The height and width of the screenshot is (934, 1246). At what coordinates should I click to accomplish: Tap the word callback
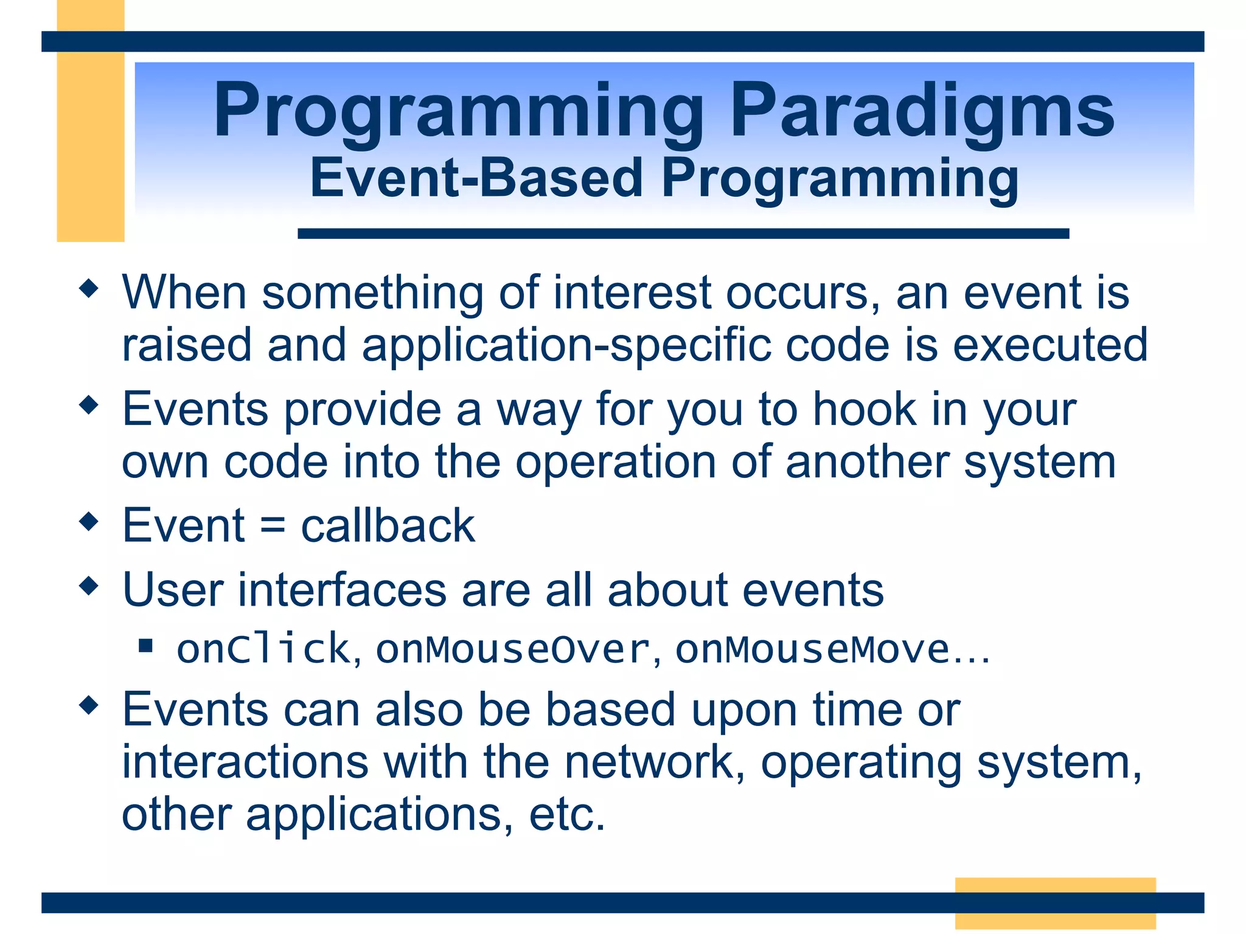click(x=388, y=526)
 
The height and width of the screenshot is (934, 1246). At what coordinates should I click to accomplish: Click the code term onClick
click(x=263, y=649)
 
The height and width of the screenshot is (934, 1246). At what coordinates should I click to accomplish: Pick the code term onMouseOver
click(x=513, y=649)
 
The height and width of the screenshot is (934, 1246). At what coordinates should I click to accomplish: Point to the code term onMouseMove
click(x=812, y=649)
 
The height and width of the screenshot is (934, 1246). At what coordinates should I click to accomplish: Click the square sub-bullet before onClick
click(x=145, y=645)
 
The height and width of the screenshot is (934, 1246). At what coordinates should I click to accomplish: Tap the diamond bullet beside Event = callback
click(x=89, y=521)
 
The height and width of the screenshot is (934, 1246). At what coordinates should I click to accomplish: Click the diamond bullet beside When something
click(x=89, y=288)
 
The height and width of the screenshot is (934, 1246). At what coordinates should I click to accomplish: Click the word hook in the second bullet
click(x=865, y=409)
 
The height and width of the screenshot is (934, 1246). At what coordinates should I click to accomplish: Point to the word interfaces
click(x=343, y=590)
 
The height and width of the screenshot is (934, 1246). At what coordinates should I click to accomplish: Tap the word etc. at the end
click(x=567, y=815)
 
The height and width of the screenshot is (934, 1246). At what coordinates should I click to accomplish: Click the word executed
click(x=1049, y=345)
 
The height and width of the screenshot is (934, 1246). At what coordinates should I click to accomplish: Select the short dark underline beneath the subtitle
click(x=683, y=233)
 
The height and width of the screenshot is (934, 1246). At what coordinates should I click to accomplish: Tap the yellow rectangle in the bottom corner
click(x=1054, y=903)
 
